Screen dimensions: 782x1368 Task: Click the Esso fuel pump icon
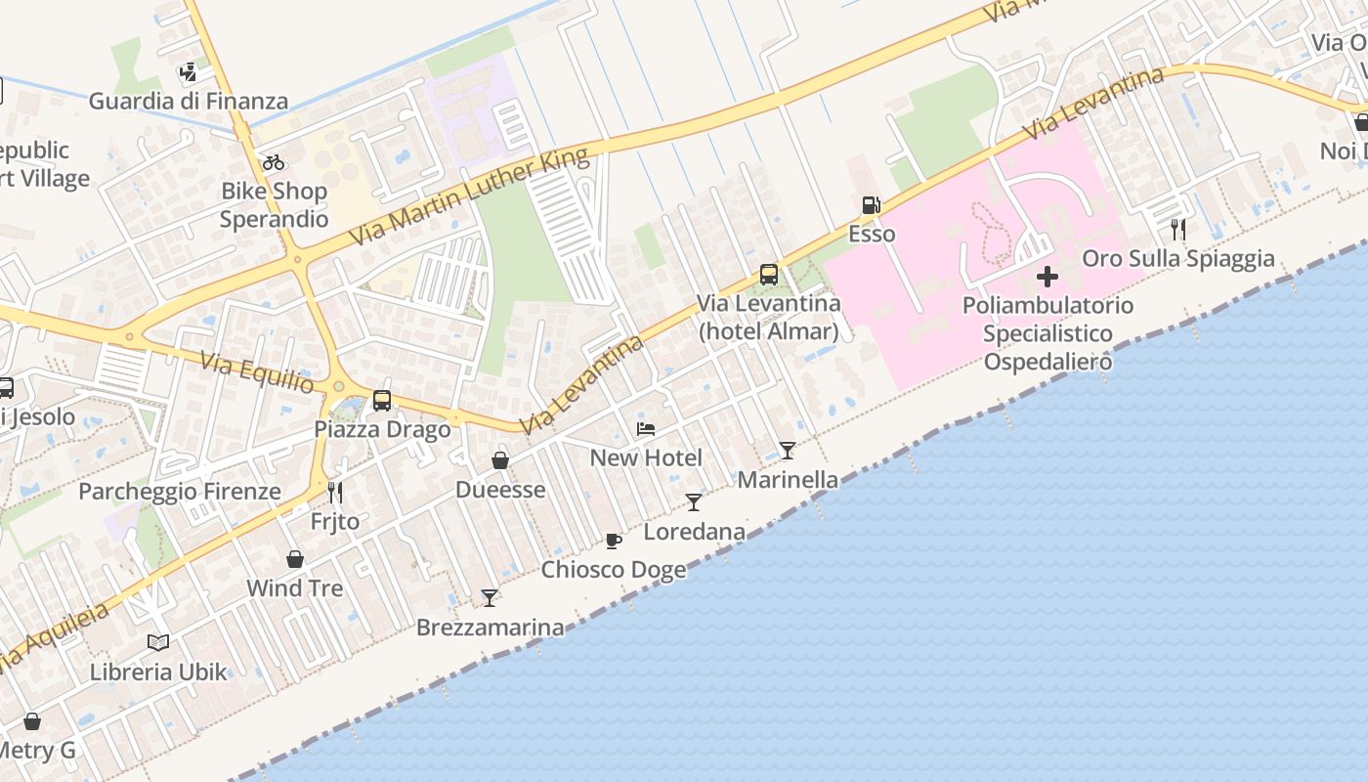tap(871, 205)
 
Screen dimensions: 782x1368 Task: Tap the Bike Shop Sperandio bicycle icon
tap(274, 161)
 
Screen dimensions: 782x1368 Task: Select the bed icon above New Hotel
tap(646, 428)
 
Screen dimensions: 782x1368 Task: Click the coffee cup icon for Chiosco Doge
tap(614, 541)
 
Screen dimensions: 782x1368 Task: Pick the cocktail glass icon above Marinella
tap(788, 451)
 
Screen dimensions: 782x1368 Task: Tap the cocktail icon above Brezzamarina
tap(490, 597)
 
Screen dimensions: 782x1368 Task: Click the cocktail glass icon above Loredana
tap(694, 502)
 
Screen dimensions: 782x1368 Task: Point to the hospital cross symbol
tap(1047, 277)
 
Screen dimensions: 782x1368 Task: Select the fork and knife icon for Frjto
tap(335, 492)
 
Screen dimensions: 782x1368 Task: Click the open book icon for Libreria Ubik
tap(158, 642)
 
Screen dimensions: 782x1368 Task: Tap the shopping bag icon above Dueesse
tap(500, 459)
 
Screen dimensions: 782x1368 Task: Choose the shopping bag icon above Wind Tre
tap(295, 559)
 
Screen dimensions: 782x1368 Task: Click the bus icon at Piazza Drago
tap(382, 400)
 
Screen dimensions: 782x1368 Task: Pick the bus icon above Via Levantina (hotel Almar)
tap(769, 274)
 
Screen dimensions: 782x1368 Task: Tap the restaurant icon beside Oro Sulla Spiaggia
tap(1178, 230)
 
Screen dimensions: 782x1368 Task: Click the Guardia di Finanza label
tap(189, 101)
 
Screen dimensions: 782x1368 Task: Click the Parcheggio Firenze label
tap(180, 491)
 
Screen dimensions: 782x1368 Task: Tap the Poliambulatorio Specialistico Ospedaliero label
tap(1047, 333)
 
